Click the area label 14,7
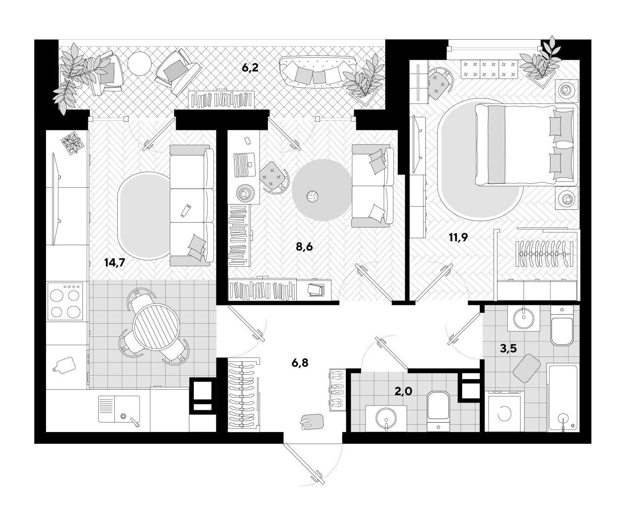point(115,262)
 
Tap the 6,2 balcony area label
point(250,68)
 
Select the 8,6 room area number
point(304,247)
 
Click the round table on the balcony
point(140,63)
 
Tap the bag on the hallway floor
point(312,422)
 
